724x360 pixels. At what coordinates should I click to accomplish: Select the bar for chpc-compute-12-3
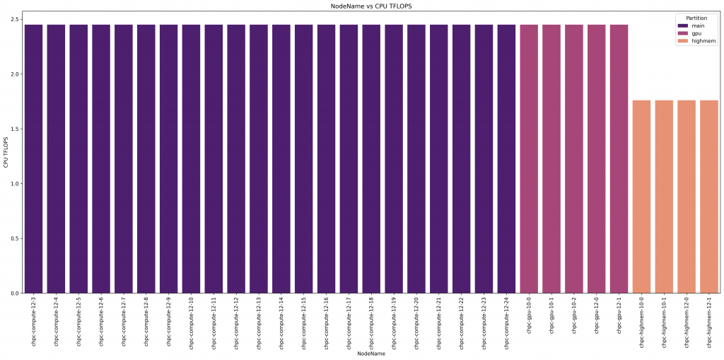[x=34, y=158]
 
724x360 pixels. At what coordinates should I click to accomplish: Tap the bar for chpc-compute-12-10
[x=192, y=158]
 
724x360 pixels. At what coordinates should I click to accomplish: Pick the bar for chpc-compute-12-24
[x=506, y=158]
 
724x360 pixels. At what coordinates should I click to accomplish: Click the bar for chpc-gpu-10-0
[x=529, y=158]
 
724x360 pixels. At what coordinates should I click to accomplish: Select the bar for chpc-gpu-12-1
[x=619, y=158]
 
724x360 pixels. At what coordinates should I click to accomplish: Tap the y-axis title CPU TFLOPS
[x=6, y=151]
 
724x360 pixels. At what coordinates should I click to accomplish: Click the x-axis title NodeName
[x=371, y=353]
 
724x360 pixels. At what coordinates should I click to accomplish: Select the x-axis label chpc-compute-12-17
[x=349, y=323]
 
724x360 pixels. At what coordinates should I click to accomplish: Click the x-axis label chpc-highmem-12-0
[x=687, y=322]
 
